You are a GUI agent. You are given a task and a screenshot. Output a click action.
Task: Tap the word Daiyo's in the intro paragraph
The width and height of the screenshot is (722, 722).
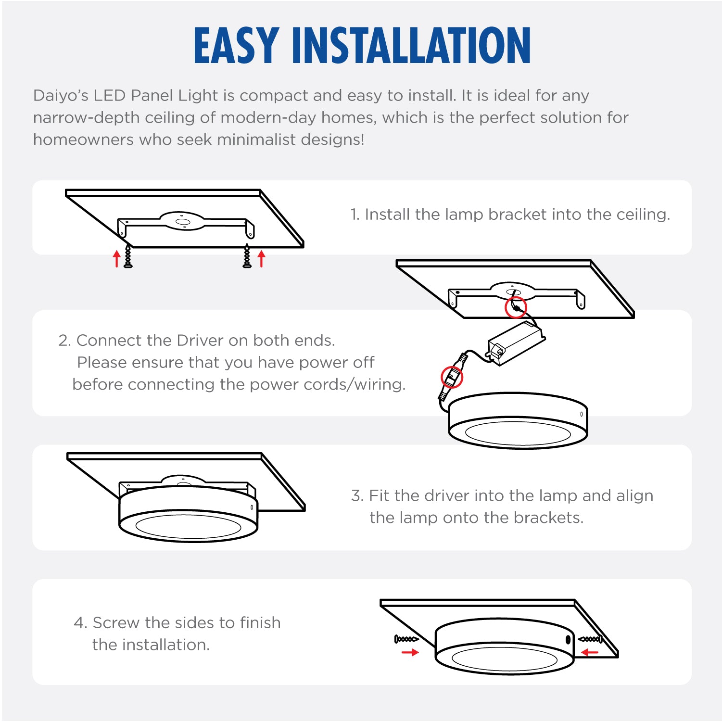tap(61, 96)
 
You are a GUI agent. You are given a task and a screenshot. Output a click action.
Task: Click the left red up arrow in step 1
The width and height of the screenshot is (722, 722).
tap(116, 258)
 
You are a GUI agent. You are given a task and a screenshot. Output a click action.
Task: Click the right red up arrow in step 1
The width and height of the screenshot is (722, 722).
tap(261, 258)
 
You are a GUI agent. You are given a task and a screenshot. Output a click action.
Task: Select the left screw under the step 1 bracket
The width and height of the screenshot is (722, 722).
tap(128, 255)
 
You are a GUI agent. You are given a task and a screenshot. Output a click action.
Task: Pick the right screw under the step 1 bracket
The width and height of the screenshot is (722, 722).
tap(247, 255)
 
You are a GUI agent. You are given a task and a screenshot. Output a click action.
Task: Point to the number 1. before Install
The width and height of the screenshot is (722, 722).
tap(355, 215)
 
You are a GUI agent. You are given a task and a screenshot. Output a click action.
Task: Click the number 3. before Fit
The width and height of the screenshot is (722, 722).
tap(357, 496)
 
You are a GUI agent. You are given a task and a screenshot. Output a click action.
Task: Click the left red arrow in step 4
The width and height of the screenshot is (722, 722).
tap(410, 653)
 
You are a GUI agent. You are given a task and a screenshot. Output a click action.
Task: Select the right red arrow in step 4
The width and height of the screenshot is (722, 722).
tap(590, 653)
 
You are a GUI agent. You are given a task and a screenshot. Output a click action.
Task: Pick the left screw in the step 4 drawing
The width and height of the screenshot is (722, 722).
tap(406, 639)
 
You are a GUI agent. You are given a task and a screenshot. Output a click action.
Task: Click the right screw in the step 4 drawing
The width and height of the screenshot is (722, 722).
tap(590, 639)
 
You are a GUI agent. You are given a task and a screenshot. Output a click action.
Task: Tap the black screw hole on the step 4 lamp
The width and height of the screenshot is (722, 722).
tap(568, 640)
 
